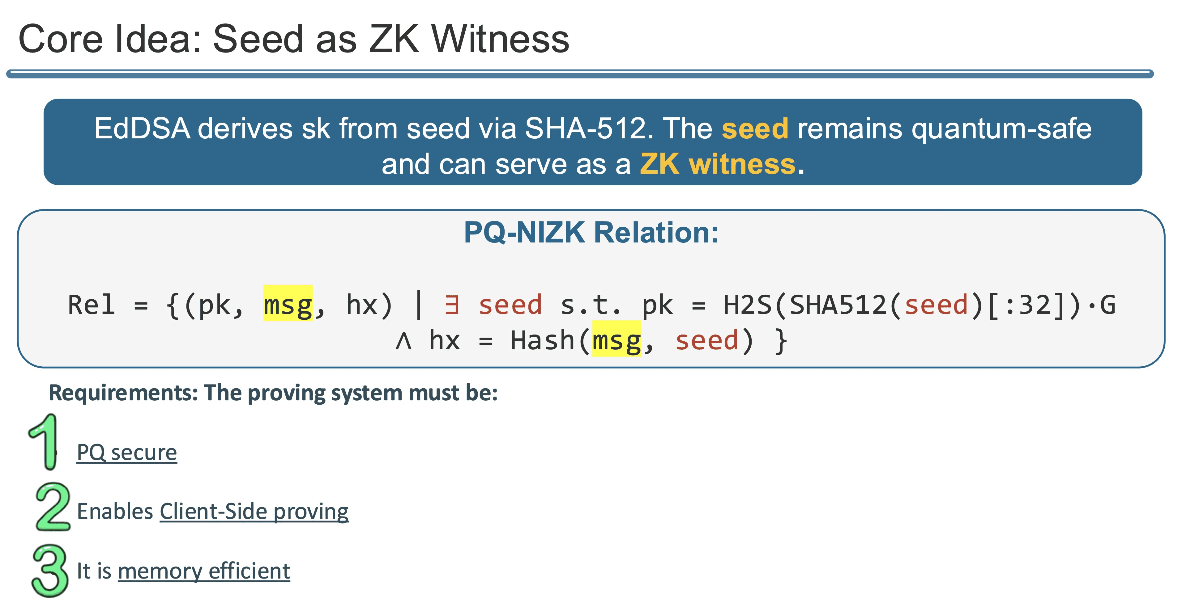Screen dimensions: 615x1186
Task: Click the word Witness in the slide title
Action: pyautogui.click(x=500, y=39)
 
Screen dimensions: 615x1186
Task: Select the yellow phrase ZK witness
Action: pyautogui.click(x=717, y=164)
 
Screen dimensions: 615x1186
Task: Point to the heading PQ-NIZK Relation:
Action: pyautogui.click(x=591, y=233)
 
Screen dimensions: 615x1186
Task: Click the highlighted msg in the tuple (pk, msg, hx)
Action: pyautogui.click(x=288, y=305)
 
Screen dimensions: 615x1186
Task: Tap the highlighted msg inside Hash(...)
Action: pyautogui.click(x=616, y=341)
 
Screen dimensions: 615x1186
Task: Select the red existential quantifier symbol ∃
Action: pyautogui.click(x=452, y=305)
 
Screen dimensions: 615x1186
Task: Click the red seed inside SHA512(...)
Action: pyautogui.click(x=936, y=305)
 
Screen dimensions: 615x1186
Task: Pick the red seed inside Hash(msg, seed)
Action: pyautogui.click(x=707, y=341)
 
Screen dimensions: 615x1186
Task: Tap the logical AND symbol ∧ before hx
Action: pyautogui.click(x=403, y=341)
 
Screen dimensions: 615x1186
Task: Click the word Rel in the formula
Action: pyautogui.click(x=91, y=305)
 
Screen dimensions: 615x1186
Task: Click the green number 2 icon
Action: pyautogui.click(x=53, y=507)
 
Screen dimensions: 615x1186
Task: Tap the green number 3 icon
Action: pyautogui.click(x=50, y=571)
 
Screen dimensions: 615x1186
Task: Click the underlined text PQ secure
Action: pyautogui.click(x=127, y=453)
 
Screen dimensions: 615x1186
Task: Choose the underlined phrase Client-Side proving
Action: pyautogui.click(x=254, y=512)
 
